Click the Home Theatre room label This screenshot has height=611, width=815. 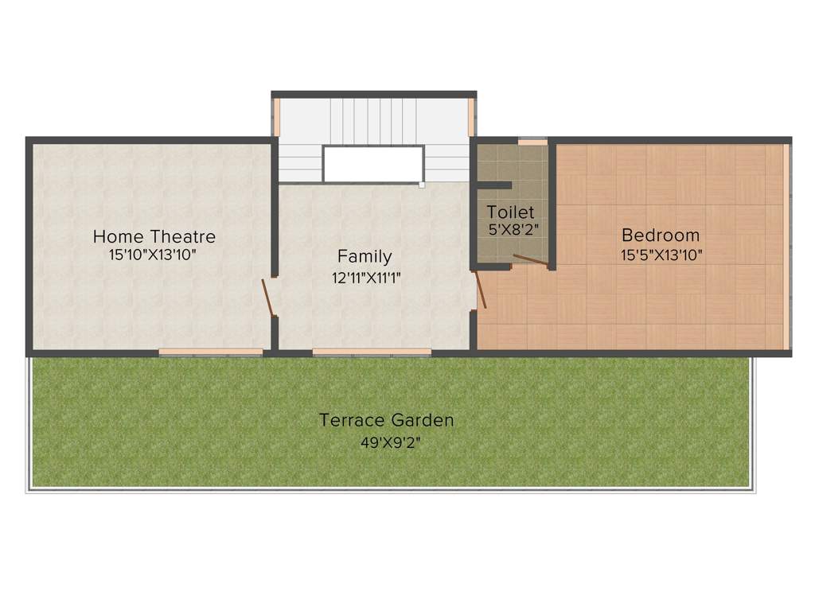coord(154,236)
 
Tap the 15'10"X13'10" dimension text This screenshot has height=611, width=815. coord(154,255)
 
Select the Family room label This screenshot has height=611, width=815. coord(365,256)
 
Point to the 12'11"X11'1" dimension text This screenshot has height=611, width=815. coord(367,278)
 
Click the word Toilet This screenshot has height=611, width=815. coord(511,212)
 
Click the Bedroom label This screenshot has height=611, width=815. coord(661,235)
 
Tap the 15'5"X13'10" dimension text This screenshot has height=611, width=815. coord(661,255)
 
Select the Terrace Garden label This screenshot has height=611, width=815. coord(386,420)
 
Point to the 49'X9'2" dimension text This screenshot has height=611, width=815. coord(390,442)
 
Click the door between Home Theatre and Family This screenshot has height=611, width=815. coord(269,297)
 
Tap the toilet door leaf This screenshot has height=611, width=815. coord(530,259)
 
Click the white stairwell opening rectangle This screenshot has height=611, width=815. coord(372,164)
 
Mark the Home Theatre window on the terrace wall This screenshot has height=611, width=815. coord(210,351)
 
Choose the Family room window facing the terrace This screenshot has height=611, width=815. coord(372,351)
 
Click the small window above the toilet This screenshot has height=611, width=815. coord(532,142)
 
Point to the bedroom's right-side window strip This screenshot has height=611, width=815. coord(786,247)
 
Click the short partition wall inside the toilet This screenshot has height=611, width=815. coord(493,185)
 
